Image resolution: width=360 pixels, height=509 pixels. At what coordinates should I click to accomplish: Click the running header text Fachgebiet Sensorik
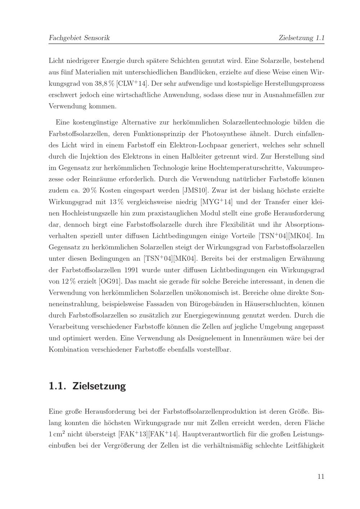point(79,38)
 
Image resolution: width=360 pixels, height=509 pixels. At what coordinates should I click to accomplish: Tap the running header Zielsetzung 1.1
point(302,38)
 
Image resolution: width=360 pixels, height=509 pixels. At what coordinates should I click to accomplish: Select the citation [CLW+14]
point(132,84)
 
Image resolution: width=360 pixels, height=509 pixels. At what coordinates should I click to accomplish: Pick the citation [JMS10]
point(195,190)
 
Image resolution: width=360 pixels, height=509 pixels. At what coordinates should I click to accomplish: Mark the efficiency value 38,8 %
point(104,84)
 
